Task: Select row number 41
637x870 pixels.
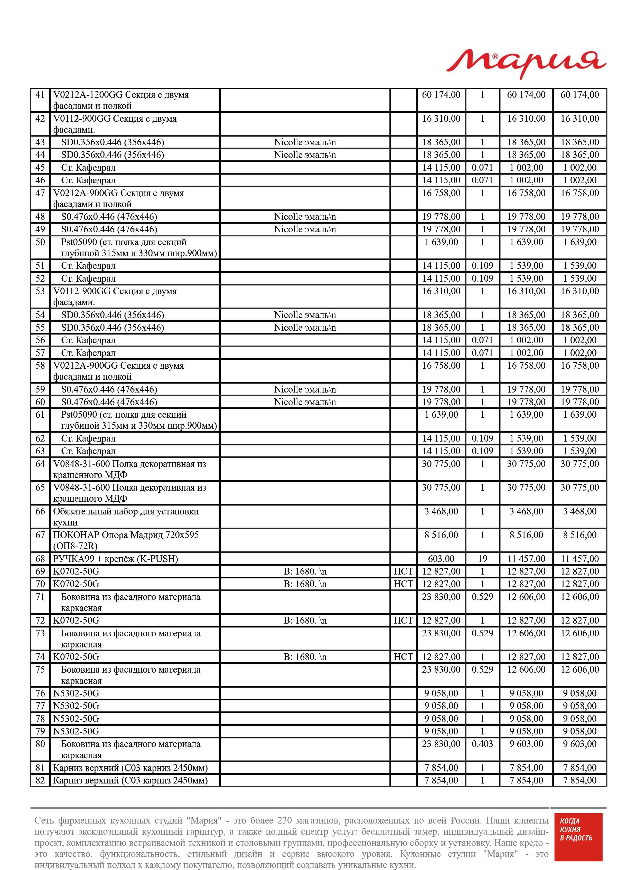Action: [40, 95]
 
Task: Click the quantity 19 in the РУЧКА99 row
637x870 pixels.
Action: [482, 559]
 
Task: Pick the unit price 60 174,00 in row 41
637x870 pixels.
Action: [441, 95]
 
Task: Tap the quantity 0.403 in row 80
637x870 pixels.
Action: [482, 744]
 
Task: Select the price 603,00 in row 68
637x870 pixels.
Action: [441, 559]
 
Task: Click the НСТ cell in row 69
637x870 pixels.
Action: [403, 571]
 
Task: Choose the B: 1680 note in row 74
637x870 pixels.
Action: [305, 657]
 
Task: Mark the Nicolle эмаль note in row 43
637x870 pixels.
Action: [305, 142]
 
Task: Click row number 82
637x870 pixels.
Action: [40, 780]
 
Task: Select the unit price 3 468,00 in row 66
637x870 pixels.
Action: [441, 511]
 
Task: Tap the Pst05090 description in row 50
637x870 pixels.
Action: [139, 248]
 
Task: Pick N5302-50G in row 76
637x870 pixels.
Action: [76, 693]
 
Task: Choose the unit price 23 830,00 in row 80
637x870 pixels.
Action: [441, 744]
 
